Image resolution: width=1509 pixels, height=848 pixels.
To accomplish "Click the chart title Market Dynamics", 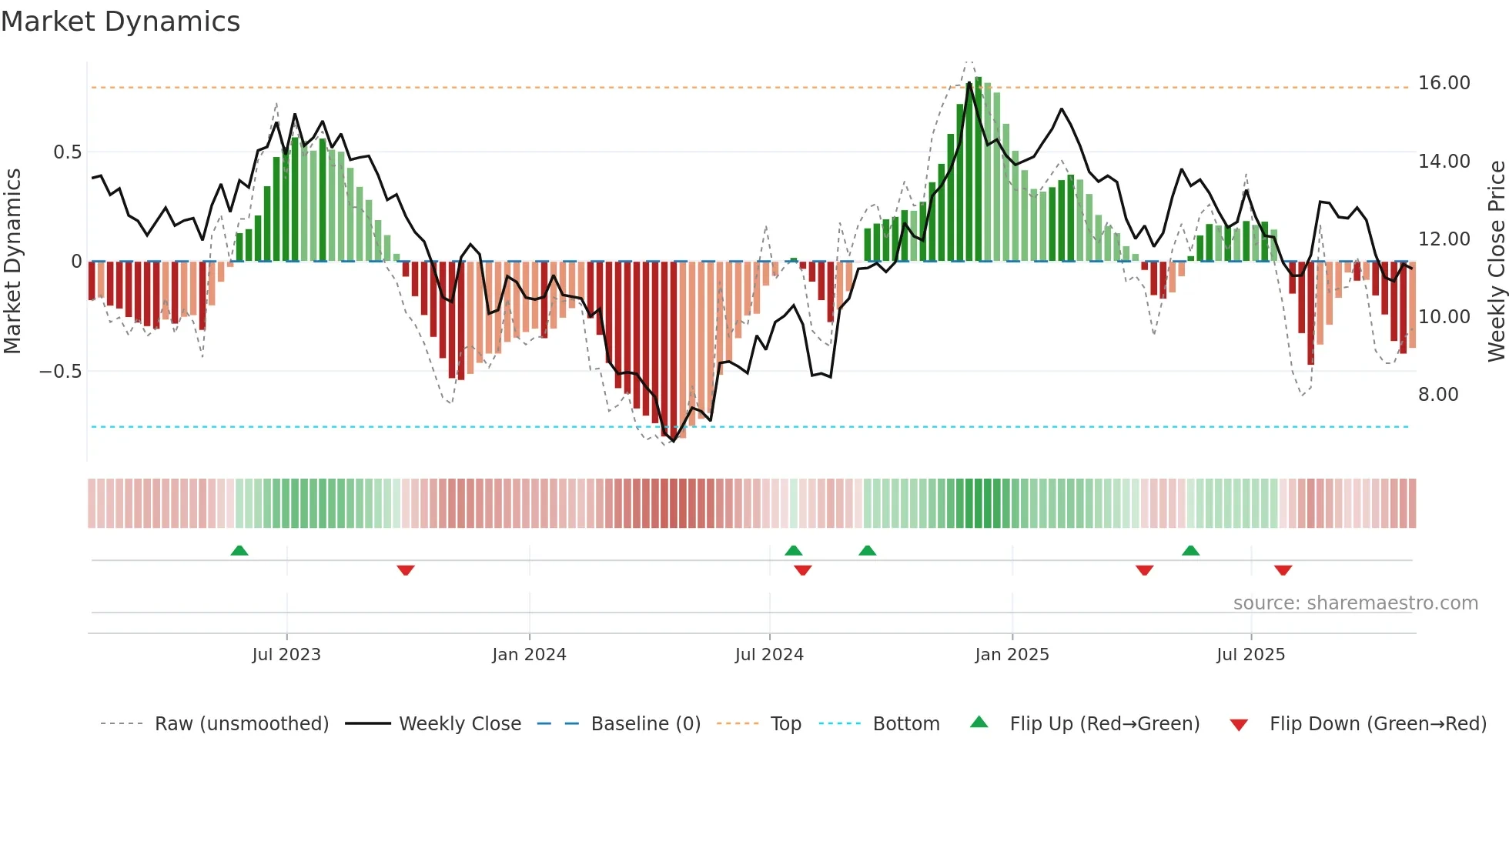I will (120, 22).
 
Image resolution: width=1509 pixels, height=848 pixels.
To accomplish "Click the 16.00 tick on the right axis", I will (1444, 83).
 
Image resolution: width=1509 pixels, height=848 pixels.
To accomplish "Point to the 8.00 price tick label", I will (1438, 395).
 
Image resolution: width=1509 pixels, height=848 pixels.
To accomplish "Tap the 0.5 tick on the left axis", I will (67, 152).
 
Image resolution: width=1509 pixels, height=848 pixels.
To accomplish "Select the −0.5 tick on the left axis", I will (60, 372).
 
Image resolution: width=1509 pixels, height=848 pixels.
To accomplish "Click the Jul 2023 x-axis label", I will (286, 655).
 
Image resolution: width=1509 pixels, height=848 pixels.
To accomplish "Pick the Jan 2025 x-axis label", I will (1011, 655).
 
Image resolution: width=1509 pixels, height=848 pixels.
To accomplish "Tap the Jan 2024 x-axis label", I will (529, 655).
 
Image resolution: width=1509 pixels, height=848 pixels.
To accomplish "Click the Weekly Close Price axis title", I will (1496, 262).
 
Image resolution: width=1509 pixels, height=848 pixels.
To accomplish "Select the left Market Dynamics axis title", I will (12, 262).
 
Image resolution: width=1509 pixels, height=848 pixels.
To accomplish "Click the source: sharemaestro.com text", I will (1355, 603).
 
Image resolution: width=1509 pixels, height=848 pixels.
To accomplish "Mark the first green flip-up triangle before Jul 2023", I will (239, 551).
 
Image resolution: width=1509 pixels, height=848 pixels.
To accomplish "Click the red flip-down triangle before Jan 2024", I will (406, 570).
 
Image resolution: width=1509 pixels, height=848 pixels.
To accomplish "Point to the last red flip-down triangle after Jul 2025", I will (1283, 570).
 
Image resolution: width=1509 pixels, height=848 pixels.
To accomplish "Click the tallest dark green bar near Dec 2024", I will (979, 169).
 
